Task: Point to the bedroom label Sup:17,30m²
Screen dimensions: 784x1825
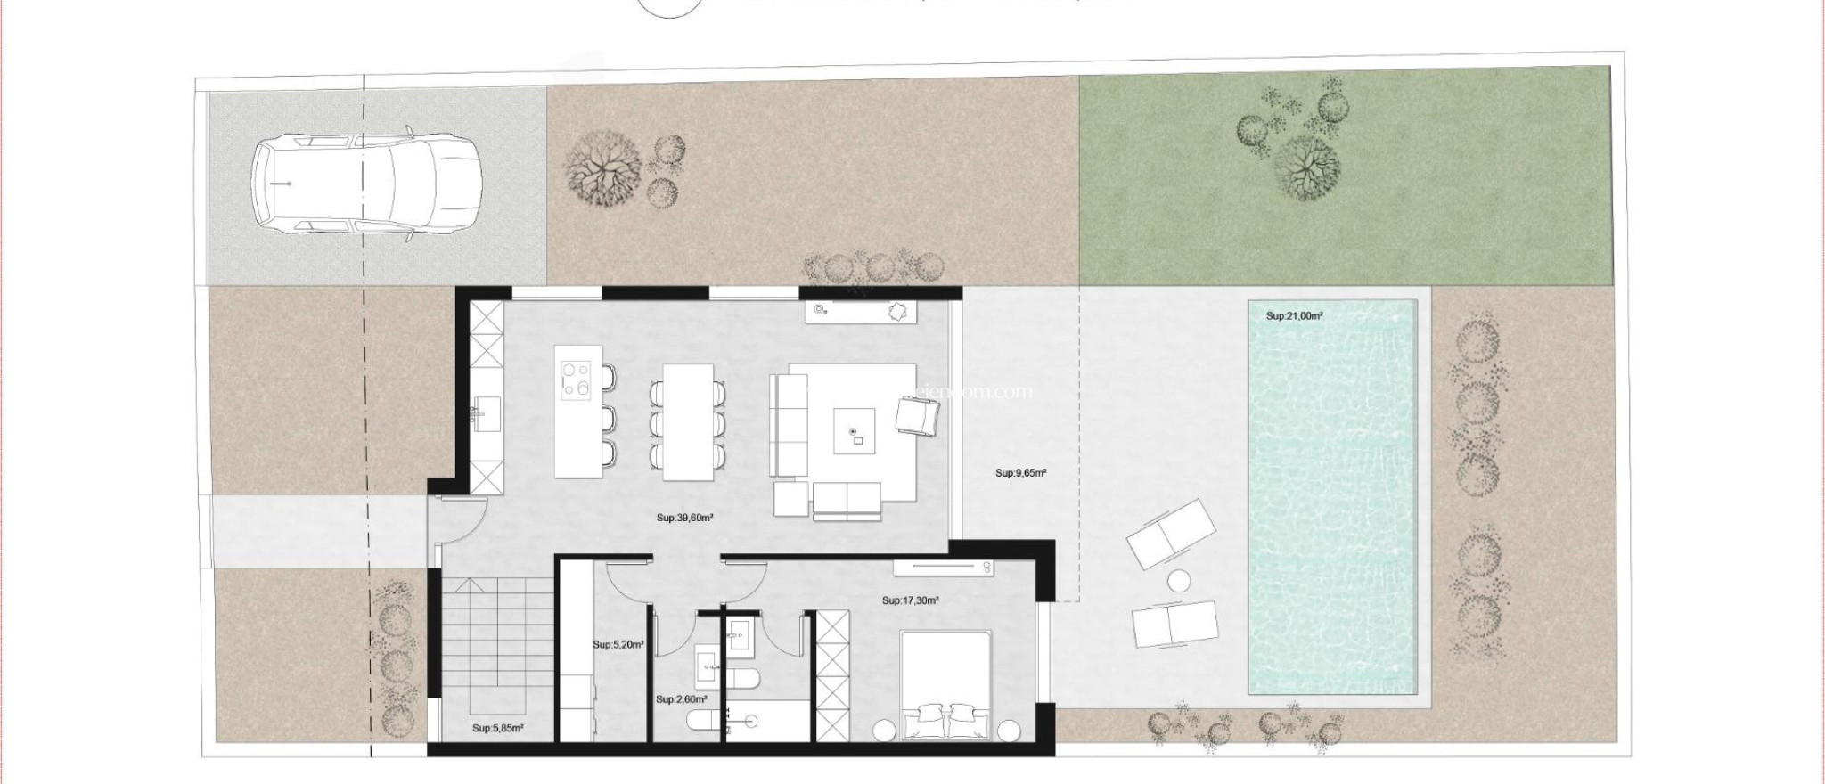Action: point(911,600)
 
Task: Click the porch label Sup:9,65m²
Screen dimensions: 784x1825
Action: point(1021,474)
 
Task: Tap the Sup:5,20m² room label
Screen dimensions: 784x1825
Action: point(618,644)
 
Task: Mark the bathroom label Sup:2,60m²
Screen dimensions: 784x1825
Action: point(681,700)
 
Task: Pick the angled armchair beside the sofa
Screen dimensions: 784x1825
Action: point(916,416)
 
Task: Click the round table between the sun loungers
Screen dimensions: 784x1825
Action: point(1180,581)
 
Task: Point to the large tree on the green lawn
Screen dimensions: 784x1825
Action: point(1307,169)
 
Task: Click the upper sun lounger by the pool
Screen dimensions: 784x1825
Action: point(1170,535)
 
